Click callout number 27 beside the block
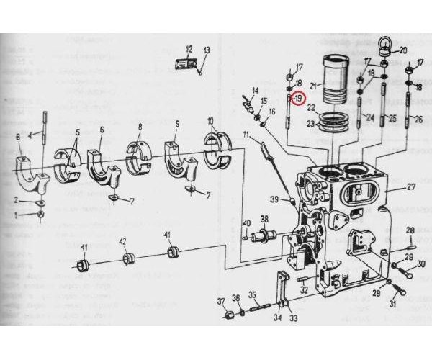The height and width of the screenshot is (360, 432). click(411, 187)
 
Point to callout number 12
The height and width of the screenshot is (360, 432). click(189, 49)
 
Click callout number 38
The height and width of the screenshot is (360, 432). click(264, 219)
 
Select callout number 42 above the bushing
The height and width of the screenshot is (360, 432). click(123, 242)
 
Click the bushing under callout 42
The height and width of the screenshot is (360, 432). click(128, 258)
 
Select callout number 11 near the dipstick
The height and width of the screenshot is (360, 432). click(246, 135)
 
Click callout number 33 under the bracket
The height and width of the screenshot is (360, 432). click(293, 318)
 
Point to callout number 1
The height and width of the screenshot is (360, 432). click(16, 215)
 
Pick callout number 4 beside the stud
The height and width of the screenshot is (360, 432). click(30, 135)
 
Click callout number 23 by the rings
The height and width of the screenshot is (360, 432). click(311, 124)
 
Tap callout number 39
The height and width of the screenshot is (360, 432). click(274, 199)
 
